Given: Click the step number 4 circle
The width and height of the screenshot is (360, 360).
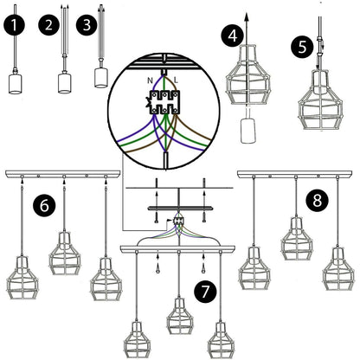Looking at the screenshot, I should pos(230,35).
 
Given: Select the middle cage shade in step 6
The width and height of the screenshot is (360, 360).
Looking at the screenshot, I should pos(65,251).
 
